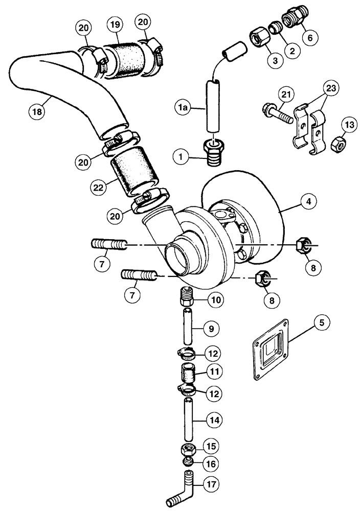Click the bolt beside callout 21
(277, 114)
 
